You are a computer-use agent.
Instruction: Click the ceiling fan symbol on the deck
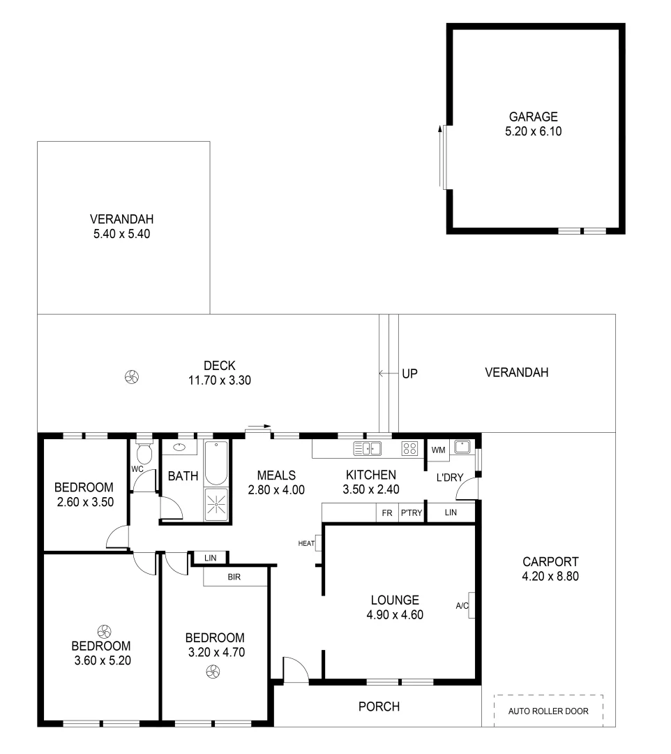pyautogui.click(x=130, y=378)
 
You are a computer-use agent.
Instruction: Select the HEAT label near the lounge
pyautogui.click(x=306, y=542)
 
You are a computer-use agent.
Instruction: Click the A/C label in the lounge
pyautogui.click(x=462, y=606)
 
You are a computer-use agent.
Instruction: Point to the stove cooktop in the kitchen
pyautogui.click(x=409, y=449)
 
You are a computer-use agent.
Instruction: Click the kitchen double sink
pyautogui.click(x=368, y=448)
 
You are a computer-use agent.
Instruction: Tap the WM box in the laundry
pyautogui.click(x=438, y=450)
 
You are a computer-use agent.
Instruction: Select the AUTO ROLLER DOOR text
pyautogui.click(x=548, y=711)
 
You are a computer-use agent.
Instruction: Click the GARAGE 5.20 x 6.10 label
pyautogui.click(x=534, y=124)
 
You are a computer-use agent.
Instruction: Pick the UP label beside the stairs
pyautogui.click(x=409, y=374)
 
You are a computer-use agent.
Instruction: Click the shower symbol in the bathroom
pyautogui.click(x=217, y=503)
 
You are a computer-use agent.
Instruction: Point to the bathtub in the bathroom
pyautogui.click(x=217, y=463)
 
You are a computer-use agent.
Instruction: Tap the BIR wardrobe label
pyautogui.click(x=234, y=577)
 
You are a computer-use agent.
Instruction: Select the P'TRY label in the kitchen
pyautogui.click(x=409, y=513)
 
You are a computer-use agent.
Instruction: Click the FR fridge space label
pyautogui.click(x=386, y=513)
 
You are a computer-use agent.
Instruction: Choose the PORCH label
pyautogui.click(x=379, y=707)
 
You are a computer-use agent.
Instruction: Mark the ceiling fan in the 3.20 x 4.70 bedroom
pyautogui.click(x=213, y=672)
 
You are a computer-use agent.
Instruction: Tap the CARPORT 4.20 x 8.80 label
pyautogui.click(x=550, y=569)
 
